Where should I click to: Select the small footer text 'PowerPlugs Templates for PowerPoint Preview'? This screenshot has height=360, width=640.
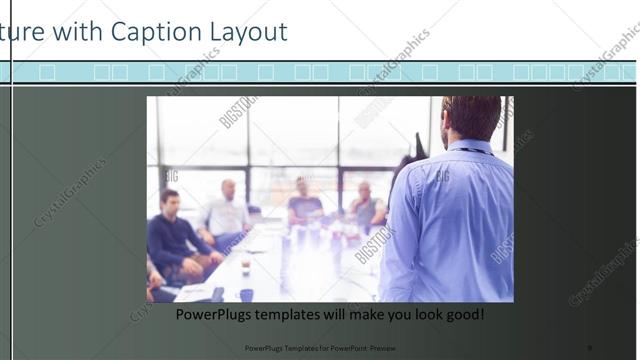pos(320,348)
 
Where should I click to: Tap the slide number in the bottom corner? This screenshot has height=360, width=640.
pos(590,348)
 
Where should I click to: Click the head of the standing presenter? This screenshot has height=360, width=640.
pos(471,116)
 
